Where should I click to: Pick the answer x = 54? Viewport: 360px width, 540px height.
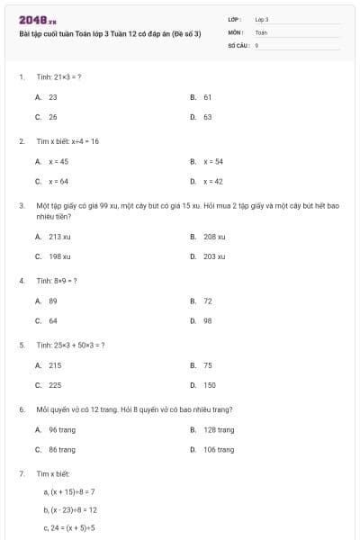coord(213,161)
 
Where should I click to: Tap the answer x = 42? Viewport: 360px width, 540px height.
coord(213,182)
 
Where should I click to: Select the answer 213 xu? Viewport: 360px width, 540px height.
coord(60,236)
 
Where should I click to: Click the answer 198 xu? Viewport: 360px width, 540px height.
coord(60,256)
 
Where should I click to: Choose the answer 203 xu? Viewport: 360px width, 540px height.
coord(214,256)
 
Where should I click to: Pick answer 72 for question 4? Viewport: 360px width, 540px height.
coord(208,301)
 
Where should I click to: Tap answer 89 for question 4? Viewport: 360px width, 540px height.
coord(53,301)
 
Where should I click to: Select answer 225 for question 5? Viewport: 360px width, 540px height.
coord(55,385)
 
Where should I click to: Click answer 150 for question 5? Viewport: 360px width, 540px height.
coord(209,385)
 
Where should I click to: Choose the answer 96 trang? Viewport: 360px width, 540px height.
coord(62,429)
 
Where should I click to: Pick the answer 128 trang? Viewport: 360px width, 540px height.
coord(219,429)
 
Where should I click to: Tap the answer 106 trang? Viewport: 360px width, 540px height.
coord(219,450)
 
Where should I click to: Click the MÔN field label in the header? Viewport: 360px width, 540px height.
coord(236,31)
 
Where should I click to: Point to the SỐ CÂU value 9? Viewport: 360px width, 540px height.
coord(257,43)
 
